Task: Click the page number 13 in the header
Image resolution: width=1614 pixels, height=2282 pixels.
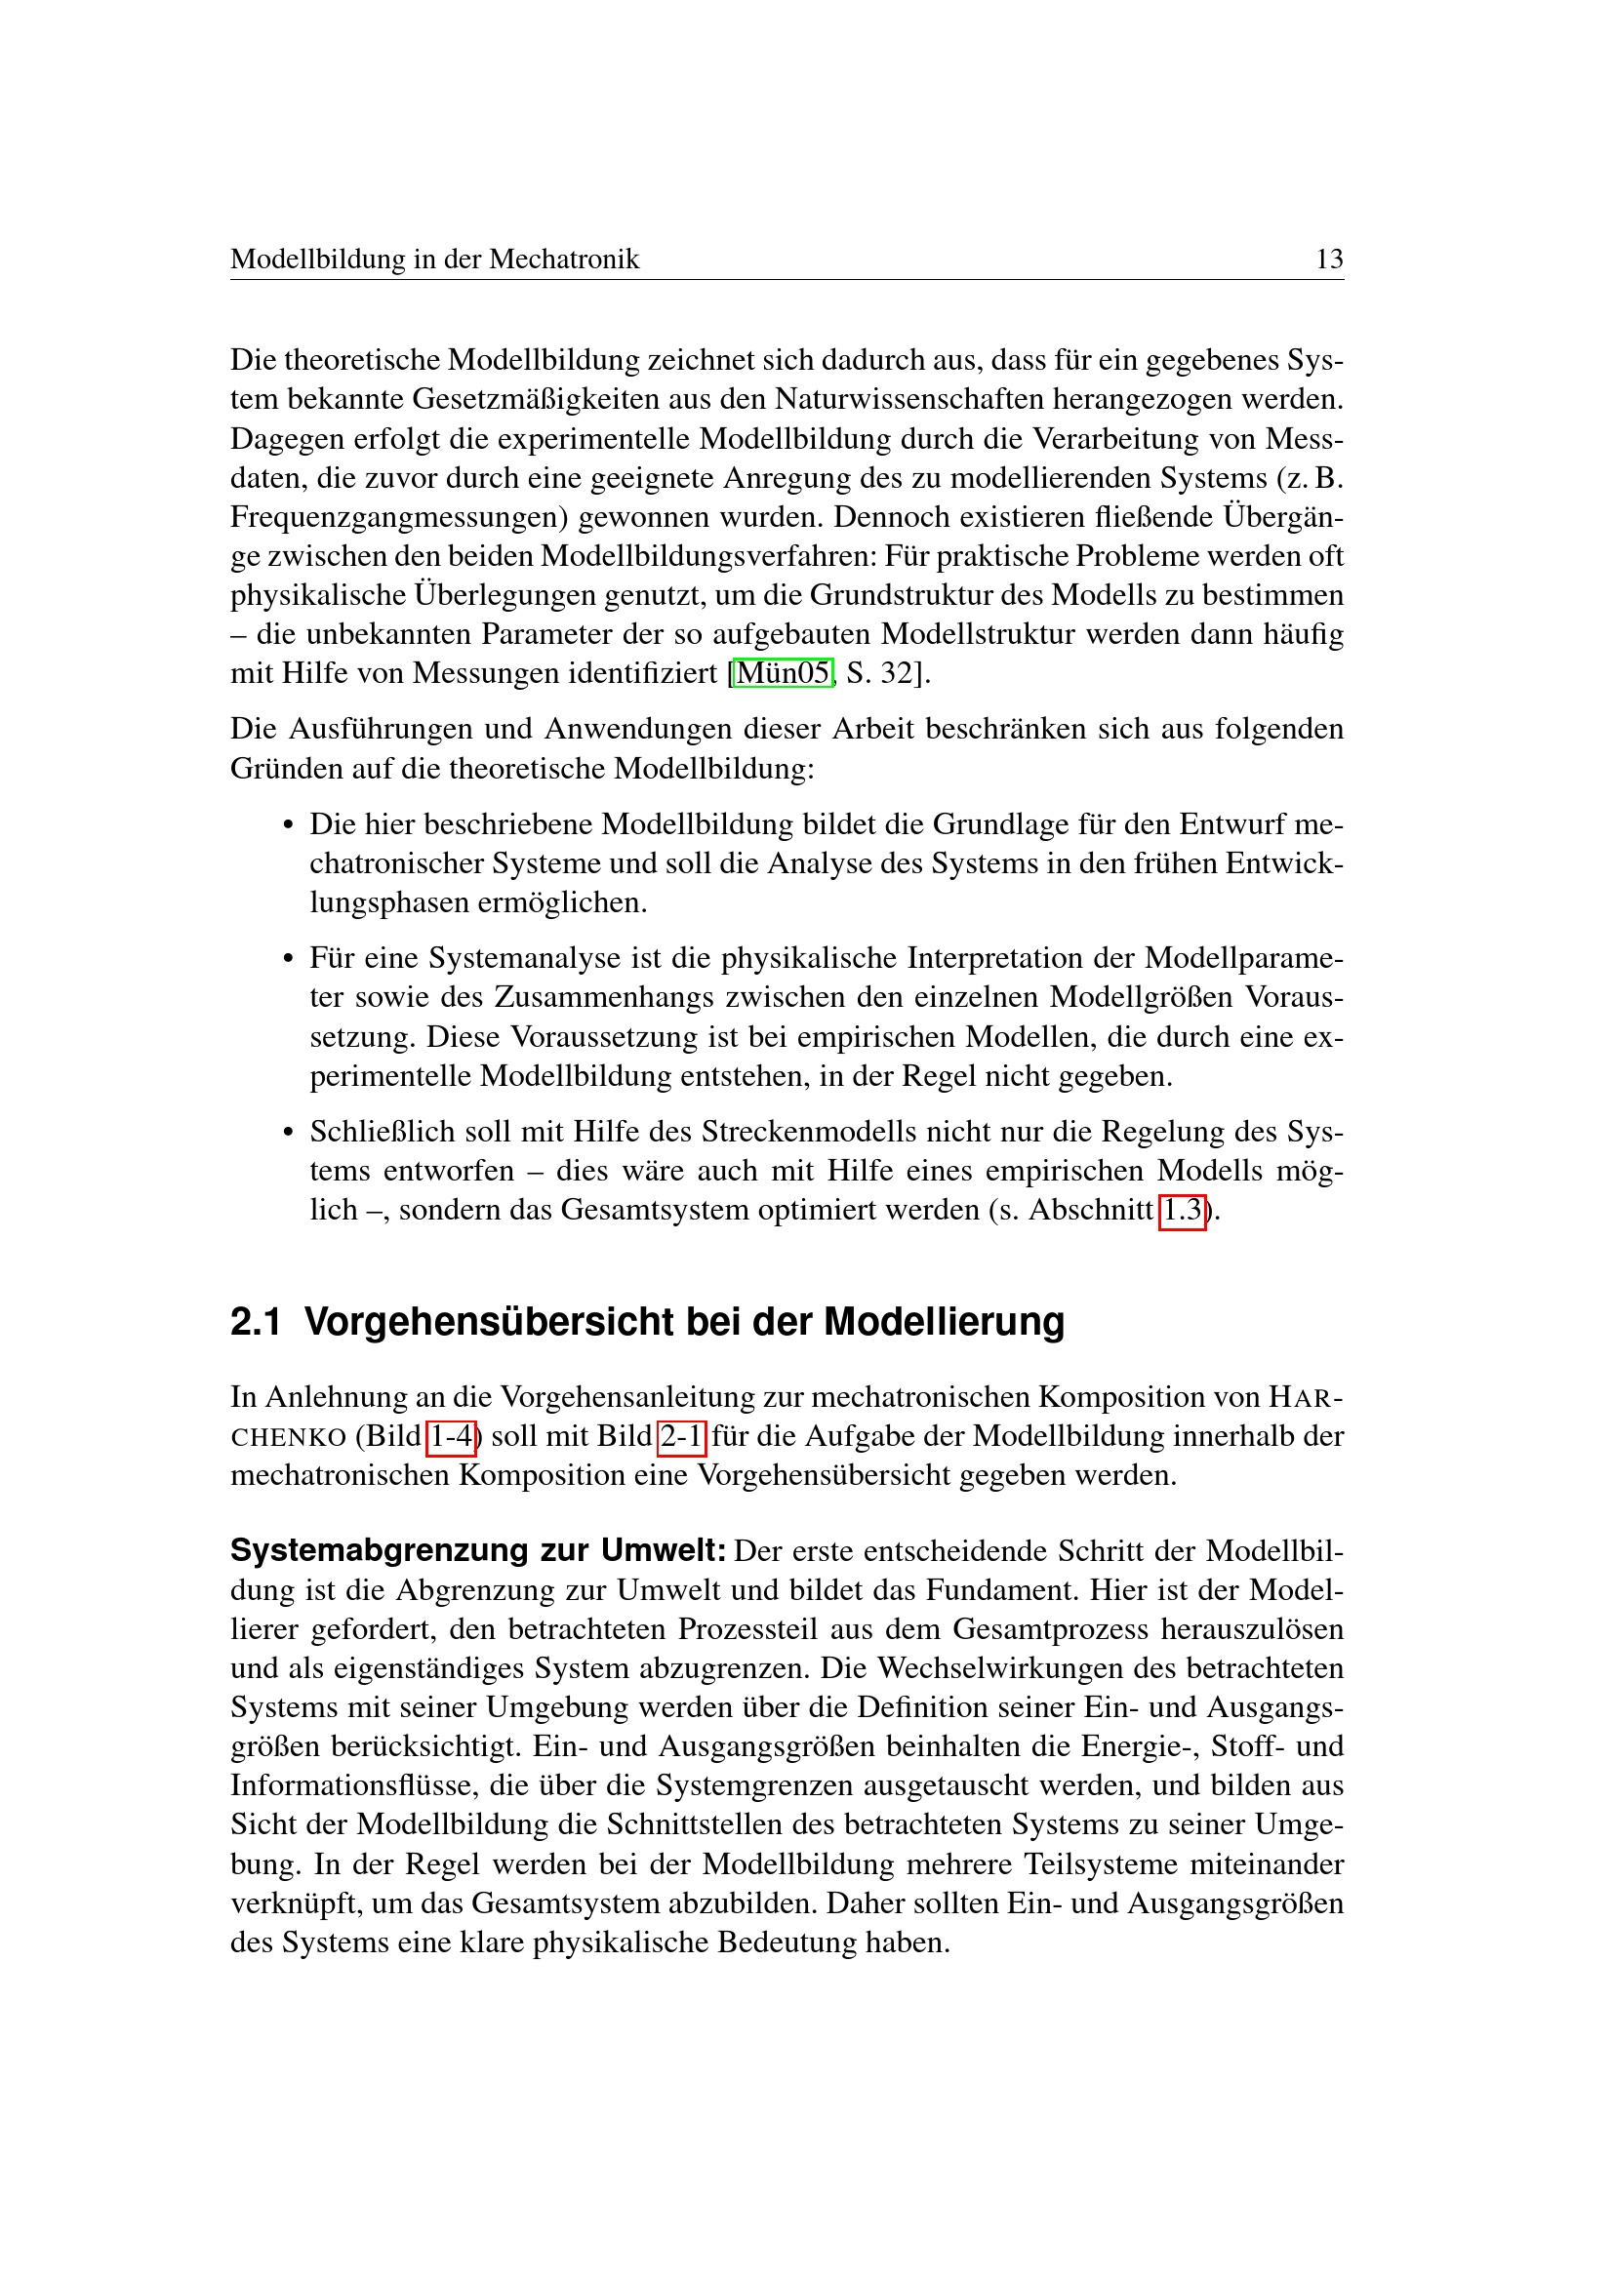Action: tap(1329, 260)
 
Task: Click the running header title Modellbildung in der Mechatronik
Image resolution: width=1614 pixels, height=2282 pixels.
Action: tap(434, 260)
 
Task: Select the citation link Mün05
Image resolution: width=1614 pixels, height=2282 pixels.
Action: tap(784, 673)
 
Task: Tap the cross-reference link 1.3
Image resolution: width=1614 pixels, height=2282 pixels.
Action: tap(1182, 1210)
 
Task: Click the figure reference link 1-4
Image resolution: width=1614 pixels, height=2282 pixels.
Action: tap(451, 1436)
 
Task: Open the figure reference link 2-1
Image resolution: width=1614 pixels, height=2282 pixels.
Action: tap(682, 1436)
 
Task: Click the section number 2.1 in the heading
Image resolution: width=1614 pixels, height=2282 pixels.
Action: tap(256, 1322)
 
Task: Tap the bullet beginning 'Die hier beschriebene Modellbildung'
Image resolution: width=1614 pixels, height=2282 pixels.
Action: tap(289, 825)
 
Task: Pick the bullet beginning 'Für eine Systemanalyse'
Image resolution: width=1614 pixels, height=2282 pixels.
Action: tap(289, 959)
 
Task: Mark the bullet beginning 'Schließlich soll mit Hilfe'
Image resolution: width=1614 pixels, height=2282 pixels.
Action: tap(289, 1132)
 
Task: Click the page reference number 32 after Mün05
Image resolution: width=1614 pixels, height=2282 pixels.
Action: tap(897, 674)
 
